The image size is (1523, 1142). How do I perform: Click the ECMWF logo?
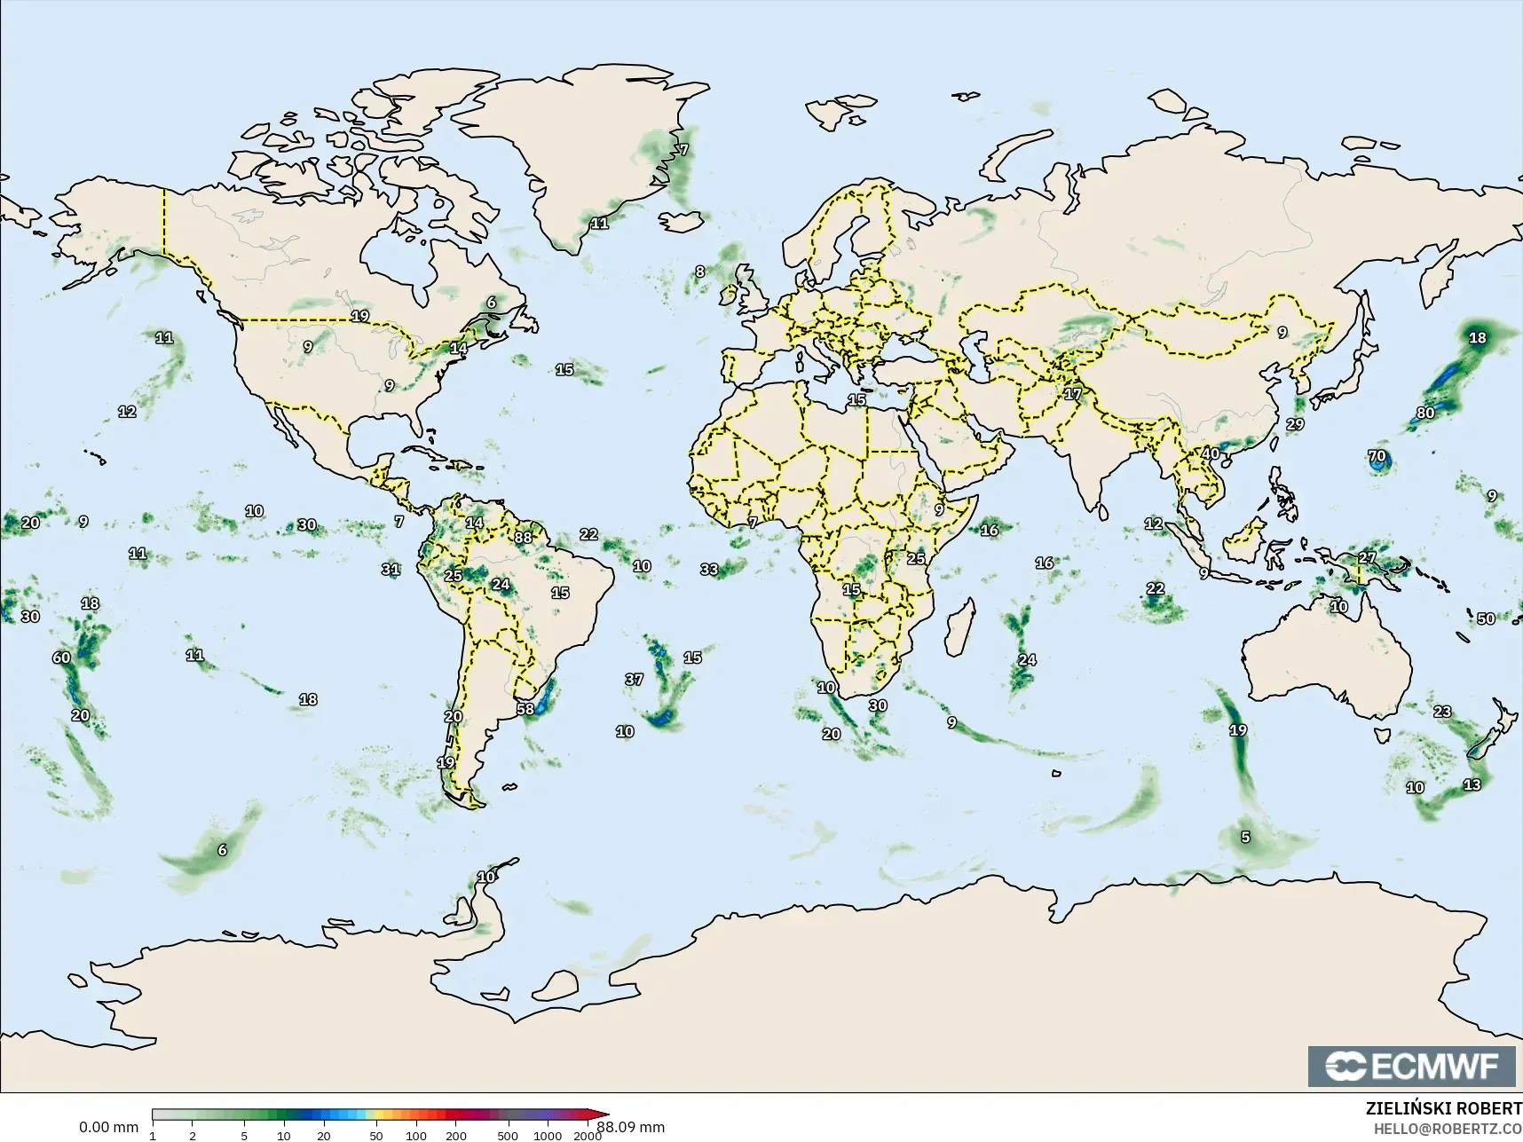click(x=1412, y=1066)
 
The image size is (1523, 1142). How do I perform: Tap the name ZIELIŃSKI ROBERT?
click(x=1443, y=1109)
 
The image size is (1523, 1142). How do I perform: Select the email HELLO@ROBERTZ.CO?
click(x=1448, y=1129)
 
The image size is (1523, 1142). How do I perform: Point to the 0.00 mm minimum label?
click(x=108, y=1127)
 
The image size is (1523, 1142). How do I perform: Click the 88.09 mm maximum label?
click(x=630, y=1127)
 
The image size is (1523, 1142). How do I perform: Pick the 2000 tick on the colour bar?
click(x=587, y=1135)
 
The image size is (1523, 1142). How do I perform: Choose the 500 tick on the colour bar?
click(x=507, y=1135)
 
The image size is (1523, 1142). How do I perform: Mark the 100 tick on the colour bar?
click(x=415, y=1135)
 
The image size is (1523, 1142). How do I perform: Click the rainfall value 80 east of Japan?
click(x=1425, y=413)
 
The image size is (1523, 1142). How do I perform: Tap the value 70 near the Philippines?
click(x=1377, y=457)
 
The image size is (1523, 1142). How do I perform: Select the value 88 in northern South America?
click(x=523, y=537)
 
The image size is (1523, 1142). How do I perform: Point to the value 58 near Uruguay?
click(x=525, y=709)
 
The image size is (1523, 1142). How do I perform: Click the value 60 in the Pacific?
click(x=61, y=658)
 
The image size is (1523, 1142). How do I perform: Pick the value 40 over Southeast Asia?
click(x=1211, y=453)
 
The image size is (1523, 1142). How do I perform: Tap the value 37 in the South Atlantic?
click(x=634, y=679)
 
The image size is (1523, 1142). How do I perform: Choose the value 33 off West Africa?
click(x=709, y=569)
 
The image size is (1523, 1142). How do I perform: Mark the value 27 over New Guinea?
click(x=1367, y=558)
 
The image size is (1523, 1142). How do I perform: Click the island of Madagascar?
click(x=958, y=627)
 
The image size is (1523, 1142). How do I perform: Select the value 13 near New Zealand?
click(x=1472, y=784)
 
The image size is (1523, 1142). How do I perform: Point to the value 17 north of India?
click(x=1073, y=394)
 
